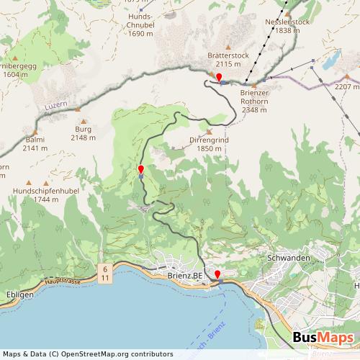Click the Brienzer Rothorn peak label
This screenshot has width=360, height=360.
click(x=254, y=102)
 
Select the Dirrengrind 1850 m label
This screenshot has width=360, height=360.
click(x=208, y=143)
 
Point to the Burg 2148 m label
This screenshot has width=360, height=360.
click(x=84, y=133)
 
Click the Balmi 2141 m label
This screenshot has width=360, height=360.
click(x=35, y=144)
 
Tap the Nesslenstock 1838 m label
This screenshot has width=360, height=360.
click(x=287, y=26)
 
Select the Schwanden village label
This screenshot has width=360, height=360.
click(x=288, y=258)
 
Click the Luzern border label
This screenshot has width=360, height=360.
click(x=55, y=106)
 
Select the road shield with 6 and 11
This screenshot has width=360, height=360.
click(x=105, y=273)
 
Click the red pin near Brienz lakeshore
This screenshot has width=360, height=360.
click(x=217, y=274)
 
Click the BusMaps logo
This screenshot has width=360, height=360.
click(x=323, y=338)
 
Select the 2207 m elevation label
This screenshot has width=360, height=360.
click(x=346, y=86)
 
